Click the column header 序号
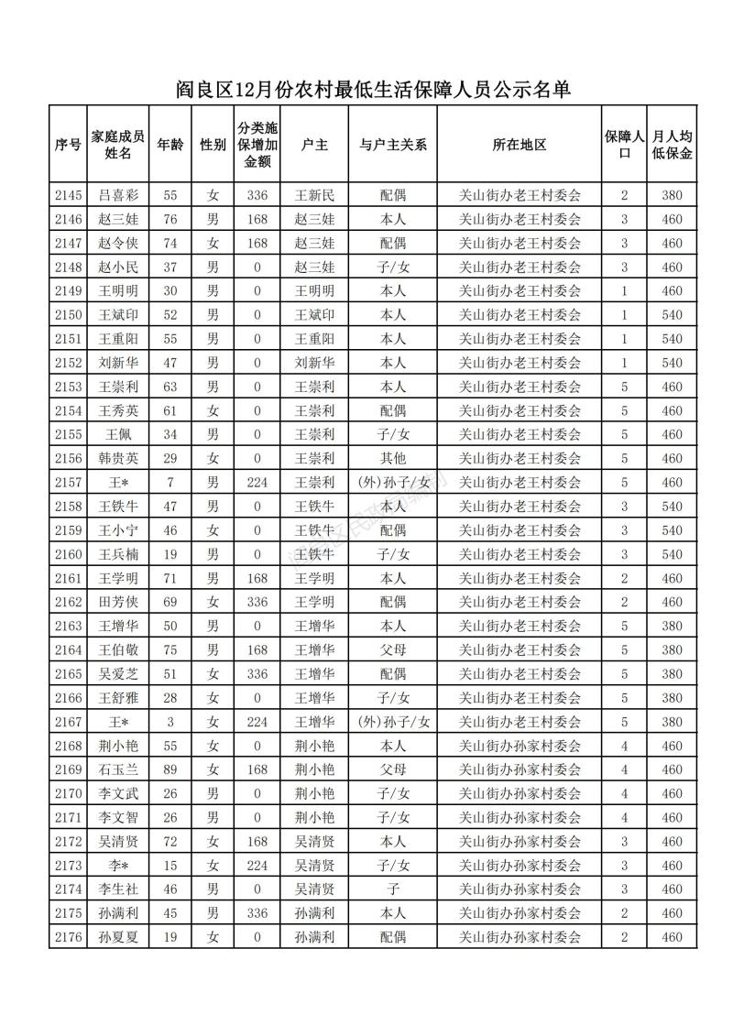point(68,145)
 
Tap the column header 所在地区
point(520,145)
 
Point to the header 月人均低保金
point(673,145)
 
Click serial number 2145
point(68,195)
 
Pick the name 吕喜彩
point(118,195)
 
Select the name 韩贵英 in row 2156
point(118,458)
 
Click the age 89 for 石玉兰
point(170,769)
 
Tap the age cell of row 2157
point(170,482)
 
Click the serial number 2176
point(68,937)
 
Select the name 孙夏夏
point(118,937)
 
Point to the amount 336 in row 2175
point(257,913)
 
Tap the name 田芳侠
point(118,602)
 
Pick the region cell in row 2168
point(520,746)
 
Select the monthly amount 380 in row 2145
point(673,195)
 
